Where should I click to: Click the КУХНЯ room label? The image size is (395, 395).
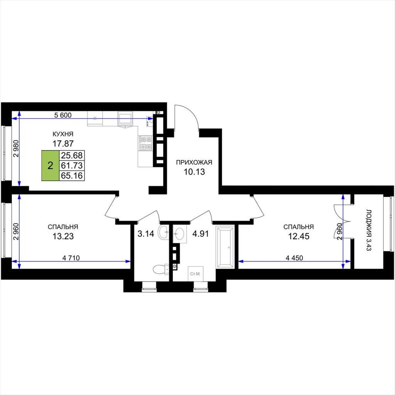pyautogui.click(x=63, y=134)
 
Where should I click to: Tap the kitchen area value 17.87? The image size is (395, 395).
pyautogui.click(x=63, y=143)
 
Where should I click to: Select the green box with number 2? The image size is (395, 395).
pyautogui.click(x=51, y=165)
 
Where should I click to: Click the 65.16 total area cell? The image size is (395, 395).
pyautogui.click(x=72, y=176)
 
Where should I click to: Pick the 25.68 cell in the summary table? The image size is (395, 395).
pyautogui.click(x=72, y=155)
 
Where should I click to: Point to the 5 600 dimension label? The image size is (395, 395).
pyautogui.click(x=63, y=115)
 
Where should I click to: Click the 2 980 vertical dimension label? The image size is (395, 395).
pyautogui.click(x=16, y=149)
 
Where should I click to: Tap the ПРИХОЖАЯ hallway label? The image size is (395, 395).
pyautogui.click(x=194, y=162)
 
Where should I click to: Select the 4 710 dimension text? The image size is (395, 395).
pyautogui.click(x=71, y=258)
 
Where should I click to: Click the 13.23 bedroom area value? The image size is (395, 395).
pyautogui.click(x=63, y=236)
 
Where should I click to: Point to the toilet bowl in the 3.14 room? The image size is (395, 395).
pyautogui.click(x=161, y=269)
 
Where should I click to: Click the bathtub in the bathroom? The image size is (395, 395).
pyautogui.click(x=225, y=247)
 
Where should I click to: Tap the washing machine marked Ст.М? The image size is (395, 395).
pyautogui.click(x=196, y=273)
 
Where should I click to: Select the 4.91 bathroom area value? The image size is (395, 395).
pyautogui.click(x=201, y=234)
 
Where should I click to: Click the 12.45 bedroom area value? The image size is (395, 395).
pyautogui.click(x=299, y=236)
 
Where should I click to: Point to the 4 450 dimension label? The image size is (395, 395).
pyautogui.click(x=294, y=258)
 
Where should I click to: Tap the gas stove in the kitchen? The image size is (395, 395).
pyautogui.click(x=145, y=143)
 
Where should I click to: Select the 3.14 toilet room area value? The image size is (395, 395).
pyautogui.click(x=145, y=234)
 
